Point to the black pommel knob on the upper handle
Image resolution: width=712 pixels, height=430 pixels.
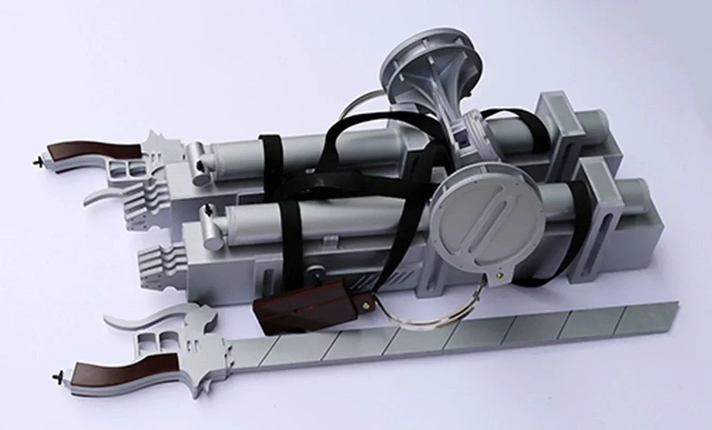click(38, 160)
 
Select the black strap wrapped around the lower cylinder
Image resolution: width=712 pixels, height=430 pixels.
click(293, 236)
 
